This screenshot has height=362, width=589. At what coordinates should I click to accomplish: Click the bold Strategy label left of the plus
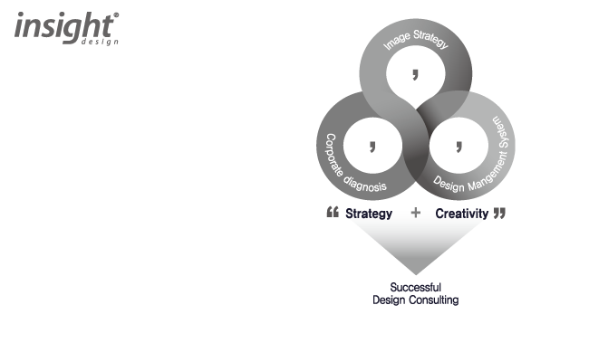coord(369,214)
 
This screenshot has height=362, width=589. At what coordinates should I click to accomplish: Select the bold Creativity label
coord(462,214)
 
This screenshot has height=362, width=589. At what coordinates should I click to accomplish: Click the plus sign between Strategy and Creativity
coord(416,214)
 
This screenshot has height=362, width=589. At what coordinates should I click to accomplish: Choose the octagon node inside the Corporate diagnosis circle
coord(371,142)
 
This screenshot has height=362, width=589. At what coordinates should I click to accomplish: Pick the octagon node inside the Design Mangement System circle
coord(459,142)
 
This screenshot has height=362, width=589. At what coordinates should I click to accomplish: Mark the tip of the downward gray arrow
coord(416,275)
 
